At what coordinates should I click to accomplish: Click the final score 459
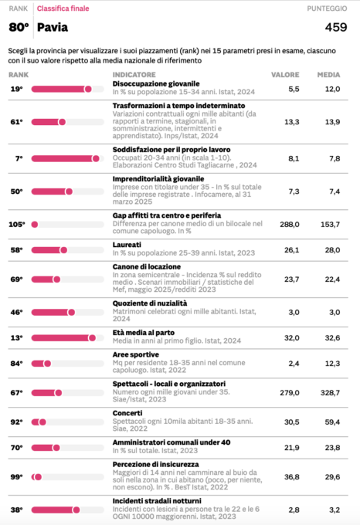pos(336,27)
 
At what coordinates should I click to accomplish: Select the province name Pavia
pos(53,27)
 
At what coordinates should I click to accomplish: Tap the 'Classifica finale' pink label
pos(63,8)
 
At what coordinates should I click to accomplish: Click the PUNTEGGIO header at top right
pos(327,8)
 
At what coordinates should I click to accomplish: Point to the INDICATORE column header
pos(134,74)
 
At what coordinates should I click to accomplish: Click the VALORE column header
pos(285,74)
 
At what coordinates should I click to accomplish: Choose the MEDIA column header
pos(328,74)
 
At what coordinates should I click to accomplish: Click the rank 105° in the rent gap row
pos(17,225)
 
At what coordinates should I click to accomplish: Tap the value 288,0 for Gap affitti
pos(290,225)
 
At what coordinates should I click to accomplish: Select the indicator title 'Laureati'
pos(127,245)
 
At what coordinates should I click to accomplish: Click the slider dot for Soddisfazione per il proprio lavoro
pos(96,159)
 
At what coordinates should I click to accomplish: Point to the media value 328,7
pos(330,392)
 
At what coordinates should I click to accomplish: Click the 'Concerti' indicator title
pos(127,413)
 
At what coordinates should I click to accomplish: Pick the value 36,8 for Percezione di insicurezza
pos(292,477)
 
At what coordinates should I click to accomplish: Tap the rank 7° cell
pos(19,159)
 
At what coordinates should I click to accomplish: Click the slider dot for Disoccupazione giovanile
pos(88,89)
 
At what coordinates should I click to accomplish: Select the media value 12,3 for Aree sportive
pos(332,364)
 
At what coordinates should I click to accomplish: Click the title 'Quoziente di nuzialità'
pos(150,303)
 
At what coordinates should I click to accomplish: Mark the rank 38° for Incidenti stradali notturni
pos(16,510)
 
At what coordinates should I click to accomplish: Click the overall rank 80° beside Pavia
pos(19,27)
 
